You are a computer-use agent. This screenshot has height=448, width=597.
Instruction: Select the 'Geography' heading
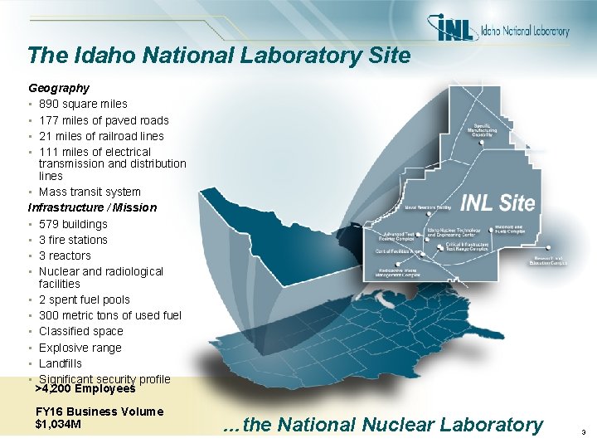pyautogui.click(x=59, y=87)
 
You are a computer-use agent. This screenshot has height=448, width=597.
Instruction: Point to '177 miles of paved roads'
pyautogui.click(x=103, y=120)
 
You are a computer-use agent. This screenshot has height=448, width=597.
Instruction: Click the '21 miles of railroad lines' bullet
pyautogui.click(x=100, y=136)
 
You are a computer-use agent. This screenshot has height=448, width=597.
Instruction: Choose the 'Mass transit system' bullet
pyautogui.click(x=90, y=192)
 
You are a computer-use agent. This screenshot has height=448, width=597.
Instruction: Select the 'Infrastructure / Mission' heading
pyautogui.click(x=92, y=207)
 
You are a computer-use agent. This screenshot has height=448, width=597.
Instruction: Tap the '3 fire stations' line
pyautogui.click(x=73, y=240)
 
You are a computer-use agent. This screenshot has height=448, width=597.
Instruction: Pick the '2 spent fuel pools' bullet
pyautogui.click(x=85, y=299)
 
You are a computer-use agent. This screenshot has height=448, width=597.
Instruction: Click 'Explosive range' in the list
pyautogui.click(x=80, y=348)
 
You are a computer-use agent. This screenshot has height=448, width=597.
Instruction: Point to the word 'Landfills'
pyautogui.click(x=61, y=363)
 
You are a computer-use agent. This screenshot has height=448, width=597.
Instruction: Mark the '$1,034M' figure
pyautogui.click(x=58, y=425)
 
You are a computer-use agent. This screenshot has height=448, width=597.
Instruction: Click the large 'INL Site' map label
pyautogui.click(x=497, y=202)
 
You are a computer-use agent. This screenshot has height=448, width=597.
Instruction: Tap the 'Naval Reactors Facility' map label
pyautogui.click(x=428, y=208)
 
